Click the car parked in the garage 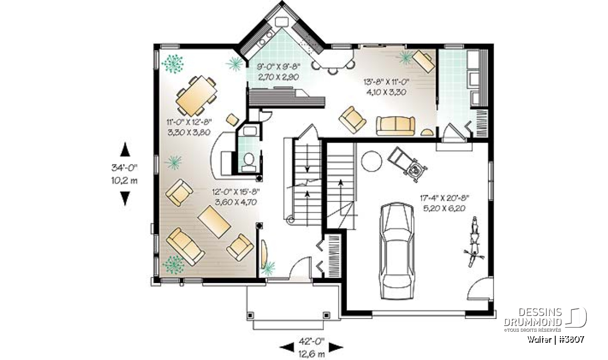coord(397,251)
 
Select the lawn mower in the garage coord(408,164)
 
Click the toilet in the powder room coord(249,162)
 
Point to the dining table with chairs coord(197,96)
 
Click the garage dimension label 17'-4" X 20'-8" coord(445,198)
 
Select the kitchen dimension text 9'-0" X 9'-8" coord(278,66)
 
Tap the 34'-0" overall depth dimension coord(125,168)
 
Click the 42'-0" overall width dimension coord(312,341)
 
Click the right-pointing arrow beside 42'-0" coord(336,347)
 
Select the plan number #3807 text coord(572,339)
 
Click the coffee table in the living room coord(214,222)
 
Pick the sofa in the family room coord(396,126)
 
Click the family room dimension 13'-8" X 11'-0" coord(386,82)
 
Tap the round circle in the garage coord(371,161)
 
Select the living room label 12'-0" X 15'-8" coord(236,192)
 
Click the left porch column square coord(250,315)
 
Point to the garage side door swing coord(480,288)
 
